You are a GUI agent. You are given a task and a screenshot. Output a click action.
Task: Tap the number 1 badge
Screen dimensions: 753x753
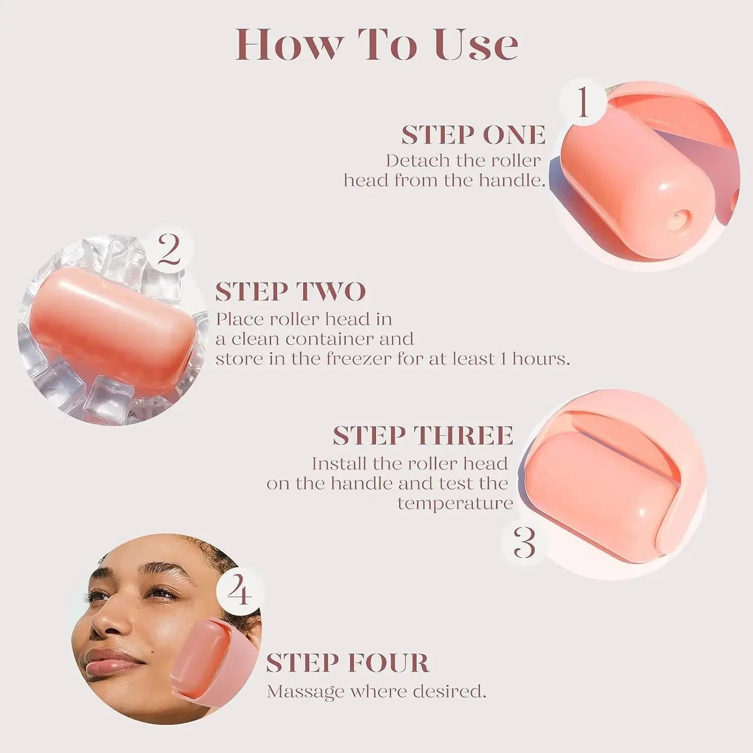click(x=582, y=102)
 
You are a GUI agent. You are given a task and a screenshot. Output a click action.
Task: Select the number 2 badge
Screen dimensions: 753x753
click(x=169, y=249)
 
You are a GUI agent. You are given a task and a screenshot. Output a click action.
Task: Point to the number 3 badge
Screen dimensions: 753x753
click(x=525, y=542)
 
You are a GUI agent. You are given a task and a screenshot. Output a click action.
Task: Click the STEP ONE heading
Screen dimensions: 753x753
click(x=473, y=135)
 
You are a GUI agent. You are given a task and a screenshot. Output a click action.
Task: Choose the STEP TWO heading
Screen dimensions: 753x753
click(x=291, y=292)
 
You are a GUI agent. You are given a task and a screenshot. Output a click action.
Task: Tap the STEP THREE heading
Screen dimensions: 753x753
click(x=423, y=435)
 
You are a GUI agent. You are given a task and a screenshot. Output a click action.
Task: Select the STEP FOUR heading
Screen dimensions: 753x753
click(x=347, y=663)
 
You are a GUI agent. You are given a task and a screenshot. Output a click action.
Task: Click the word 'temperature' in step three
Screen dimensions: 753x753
click(x=455, y=503)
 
